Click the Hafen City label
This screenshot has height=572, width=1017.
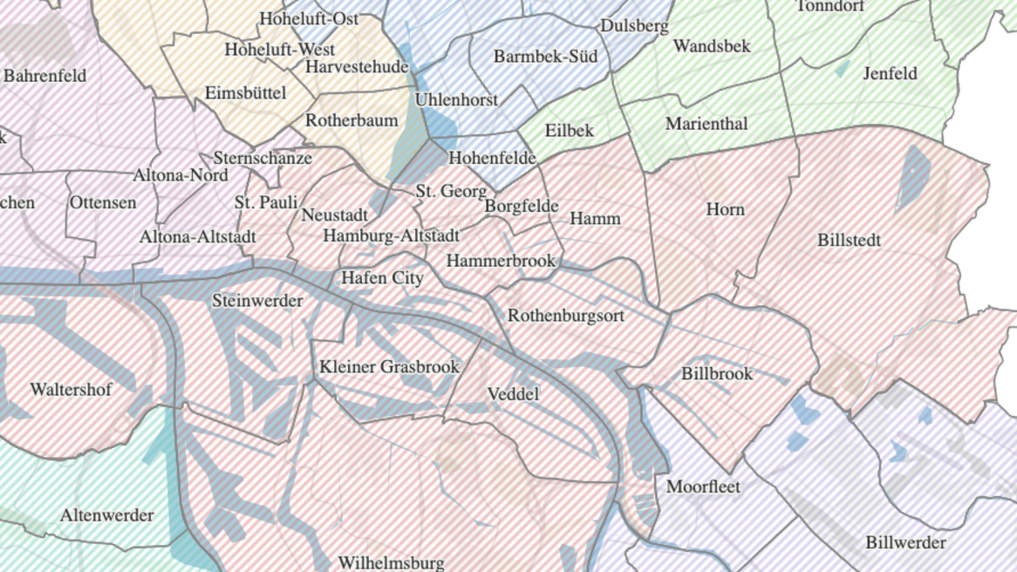[x=382, y=278]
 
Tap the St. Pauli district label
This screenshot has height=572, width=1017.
[x=266, y=202]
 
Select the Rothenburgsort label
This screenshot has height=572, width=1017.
[x=566, y=316]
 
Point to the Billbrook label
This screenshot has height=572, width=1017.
[x=716, y=373]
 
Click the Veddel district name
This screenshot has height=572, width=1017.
[x=513, y=394]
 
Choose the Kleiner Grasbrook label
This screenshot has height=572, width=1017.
[x=389, y=366]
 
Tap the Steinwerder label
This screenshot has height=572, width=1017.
[x=257, y=301]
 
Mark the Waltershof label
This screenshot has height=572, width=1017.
[x=71, y=390]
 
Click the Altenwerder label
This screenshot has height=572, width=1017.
[x=106, y=515]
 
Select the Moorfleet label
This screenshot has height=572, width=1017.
[x=703, y=487]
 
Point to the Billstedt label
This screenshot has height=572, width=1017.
[x=849, y=240]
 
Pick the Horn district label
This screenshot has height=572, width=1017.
[x=725, y=209]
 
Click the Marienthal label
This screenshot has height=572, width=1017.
[x=706, y=124]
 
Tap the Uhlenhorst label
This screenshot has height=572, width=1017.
[x=456, y=99]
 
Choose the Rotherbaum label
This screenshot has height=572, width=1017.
[x=352, y=120]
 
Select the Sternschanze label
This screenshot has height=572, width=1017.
[x=263, y=158]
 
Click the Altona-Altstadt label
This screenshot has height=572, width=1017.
[x=198, y=236]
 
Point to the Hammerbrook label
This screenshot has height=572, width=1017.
[x=501, y=261]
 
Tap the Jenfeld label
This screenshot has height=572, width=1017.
[x=890, y=73]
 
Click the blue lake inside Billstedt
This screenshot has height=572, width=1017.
[x=913, y=174]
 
